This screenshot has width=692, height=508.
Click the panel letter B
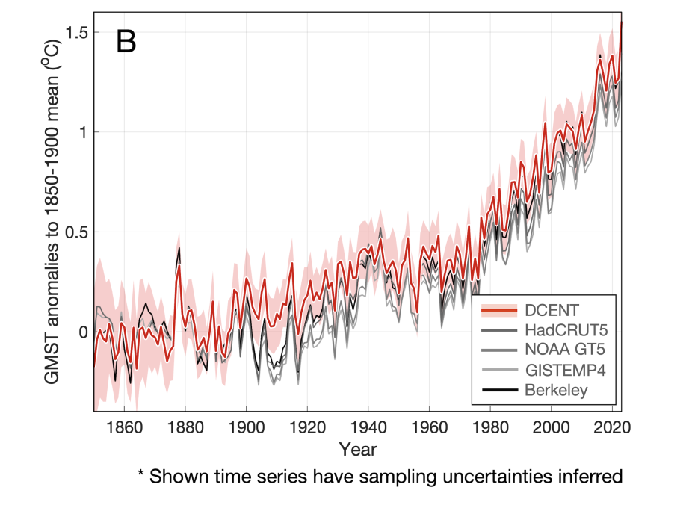click(126, 43)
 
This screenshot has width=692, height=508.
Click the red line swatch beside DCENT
click(499, 310)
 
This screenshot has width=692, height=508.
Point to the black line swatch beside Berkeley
click(499, 389)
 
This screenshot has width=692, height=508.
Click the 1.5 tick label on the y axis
click(74, 33)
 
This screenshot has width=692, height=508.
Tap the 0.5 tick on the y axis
click(74, 232)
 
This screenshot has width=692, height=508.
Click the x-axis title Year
click(357, 450)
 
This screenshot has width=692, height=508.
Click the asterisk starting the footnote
click(140, 474)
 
